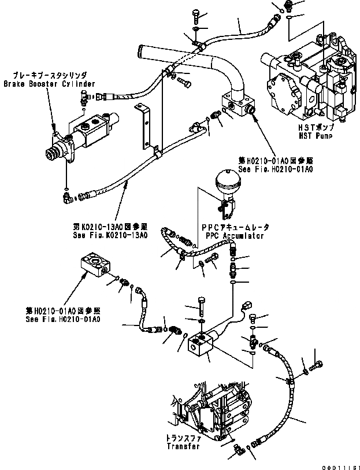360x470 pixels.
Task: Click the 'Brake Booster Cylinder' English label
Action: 49,84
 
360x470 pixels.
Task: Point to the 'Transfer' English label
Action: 183,446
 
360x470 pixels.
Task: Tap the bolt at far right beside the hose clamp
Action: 318,364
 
